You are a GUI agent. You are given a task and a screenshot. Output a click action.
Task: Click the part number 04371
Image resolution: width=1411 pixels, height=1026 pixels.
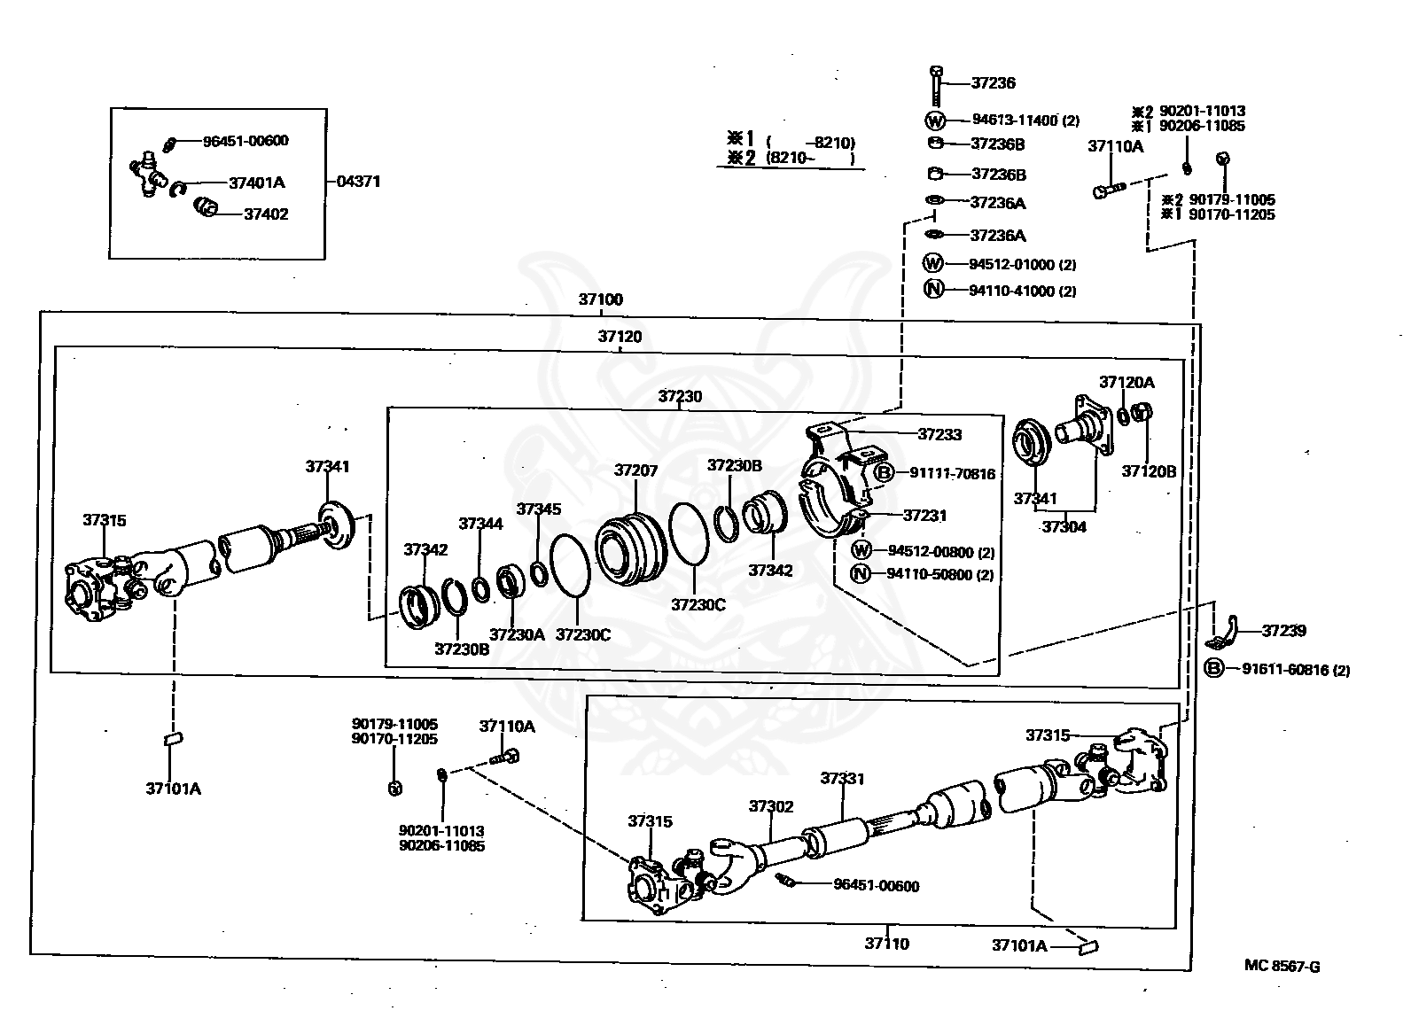click(358, 182)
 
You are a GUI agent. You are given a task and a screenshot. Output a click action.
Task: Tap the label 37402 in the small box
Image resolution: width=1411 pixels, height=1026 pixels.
click(266, 214)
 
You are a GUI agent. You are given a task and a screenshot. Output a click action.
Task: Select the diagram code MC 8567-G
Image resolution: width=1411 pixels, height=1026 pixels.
click(1282, 966)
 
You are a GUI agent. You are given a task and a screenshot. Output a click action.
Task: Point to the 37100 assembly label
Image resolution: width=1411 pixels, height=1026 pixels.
click(601, 299)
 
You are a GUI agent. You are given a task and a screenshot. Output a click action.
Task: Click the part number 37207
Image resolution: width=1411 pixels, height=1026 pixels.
click(636, 470)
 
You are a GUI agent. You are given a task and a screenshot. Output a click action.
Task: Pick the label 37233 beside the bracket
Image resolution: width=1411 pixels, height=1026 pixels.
click(939, 434)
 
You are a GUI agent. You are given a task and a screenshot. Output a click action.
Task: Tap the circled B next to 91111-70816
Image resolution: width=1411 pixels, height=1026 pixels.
click(885, 472)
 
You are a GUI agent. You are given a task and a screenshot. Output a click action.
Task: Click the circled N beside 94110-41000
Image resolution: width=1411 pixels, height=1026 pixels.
click(933, 289)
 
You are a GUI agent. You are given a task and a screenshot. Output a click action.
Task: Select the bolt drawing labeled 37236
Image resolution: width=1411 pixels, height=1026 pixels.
click(936, 86)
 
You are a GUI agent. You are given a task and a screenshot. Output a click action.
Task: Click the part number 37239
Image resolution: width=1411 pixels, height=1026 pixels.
click(1283, 631)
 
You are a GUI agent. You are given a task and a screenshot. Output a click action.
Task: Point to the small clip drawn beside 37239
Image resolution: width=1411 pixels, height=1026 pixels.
click(1222, 633)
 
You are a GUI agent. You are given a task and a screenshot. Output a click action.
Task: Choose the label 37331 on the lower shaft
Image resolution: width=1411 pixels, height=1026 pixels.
click(842, 779)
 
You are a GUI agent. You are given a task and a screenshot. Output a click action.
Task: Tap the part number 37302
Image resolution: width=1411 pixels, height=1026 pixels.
click(771, 806)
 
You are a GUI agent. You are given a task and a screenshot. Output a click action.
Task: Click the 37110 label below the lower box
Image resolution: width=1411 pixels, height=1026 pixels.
click(887, 944)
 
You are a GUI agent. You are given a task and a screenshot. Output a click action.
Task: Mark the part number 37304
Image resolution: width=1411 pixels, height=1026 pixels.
click(1064, 526)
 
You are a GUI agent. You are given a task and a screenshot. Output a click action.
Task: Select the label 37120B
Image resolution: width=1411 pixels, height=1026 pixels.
click(1149, 471)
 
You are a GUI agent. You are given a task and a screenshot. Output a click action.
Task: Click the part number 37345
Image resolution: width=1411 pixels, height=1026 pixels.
click(539, 509)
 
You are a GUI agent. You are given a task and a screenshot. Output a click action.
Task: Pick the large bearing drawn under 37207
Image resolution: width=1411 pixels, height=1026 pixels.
click(630, 549)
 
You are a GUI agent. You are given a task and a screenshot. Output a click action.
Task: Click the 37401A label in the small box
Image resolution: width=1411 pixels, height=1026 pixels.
click(257, 183)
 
